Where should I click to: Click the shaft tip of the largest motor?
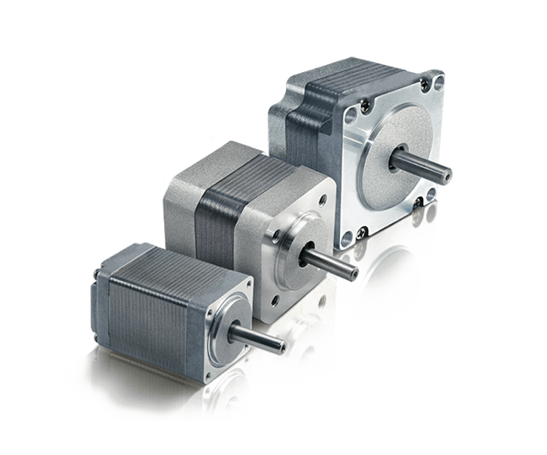pos(447,175)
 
